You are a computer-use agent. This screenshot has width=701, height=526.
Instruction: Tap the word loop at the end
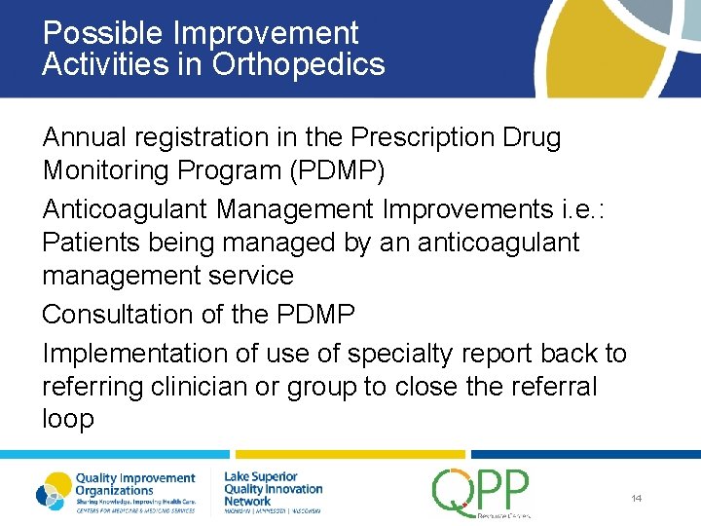[x=68, y=420]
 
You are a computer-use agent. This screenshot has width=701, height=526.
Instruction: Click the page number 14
[x=636, y=498]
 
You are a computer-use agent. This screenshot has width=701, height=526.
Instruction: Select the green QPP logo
[x=481, y=491]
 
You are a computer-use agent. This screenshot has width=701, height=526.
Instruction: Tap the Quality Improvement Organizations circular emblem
[x=54, y=490]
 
